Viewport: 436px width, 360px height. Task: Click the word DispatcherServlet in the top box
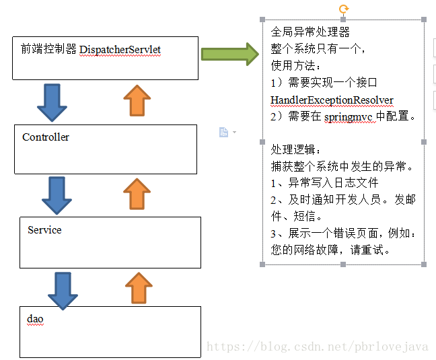[120, 50]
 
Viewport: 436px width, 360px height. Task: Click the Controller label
[46, 137]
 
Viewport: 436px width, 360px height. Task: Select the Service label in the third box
[44, 230]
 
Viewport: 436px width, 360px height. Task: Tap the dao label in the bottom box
[35, 318]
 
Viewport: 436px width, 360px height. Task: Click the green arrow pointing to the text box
[229, 54]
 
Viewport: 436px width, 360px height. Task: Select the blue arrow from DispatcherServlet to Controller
[52, 102]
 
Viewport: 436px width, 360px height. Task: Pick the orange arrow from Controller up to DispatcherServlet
[137, 102]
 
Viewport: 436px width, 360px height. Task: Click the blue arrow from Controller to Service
[57, 195]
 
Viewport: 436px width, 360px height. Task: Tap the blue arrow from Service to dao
[63, 290]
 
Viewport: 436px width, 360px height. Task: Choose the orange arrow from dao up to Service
[139, 288]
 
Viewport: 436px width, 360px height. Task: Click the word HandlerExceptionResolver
[332, 100]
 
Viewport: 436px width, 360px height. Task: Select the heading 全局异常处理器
[310, 32]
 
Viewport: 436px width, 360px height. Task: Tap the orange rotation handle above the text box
[344, 9]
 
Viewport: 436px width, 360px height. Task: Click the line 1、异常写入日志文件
[325, 183]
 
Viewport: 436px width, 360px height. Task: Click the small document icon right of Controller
[224, 132]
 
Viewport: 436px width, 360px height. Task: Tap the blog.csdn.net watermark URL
[317, 347]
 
